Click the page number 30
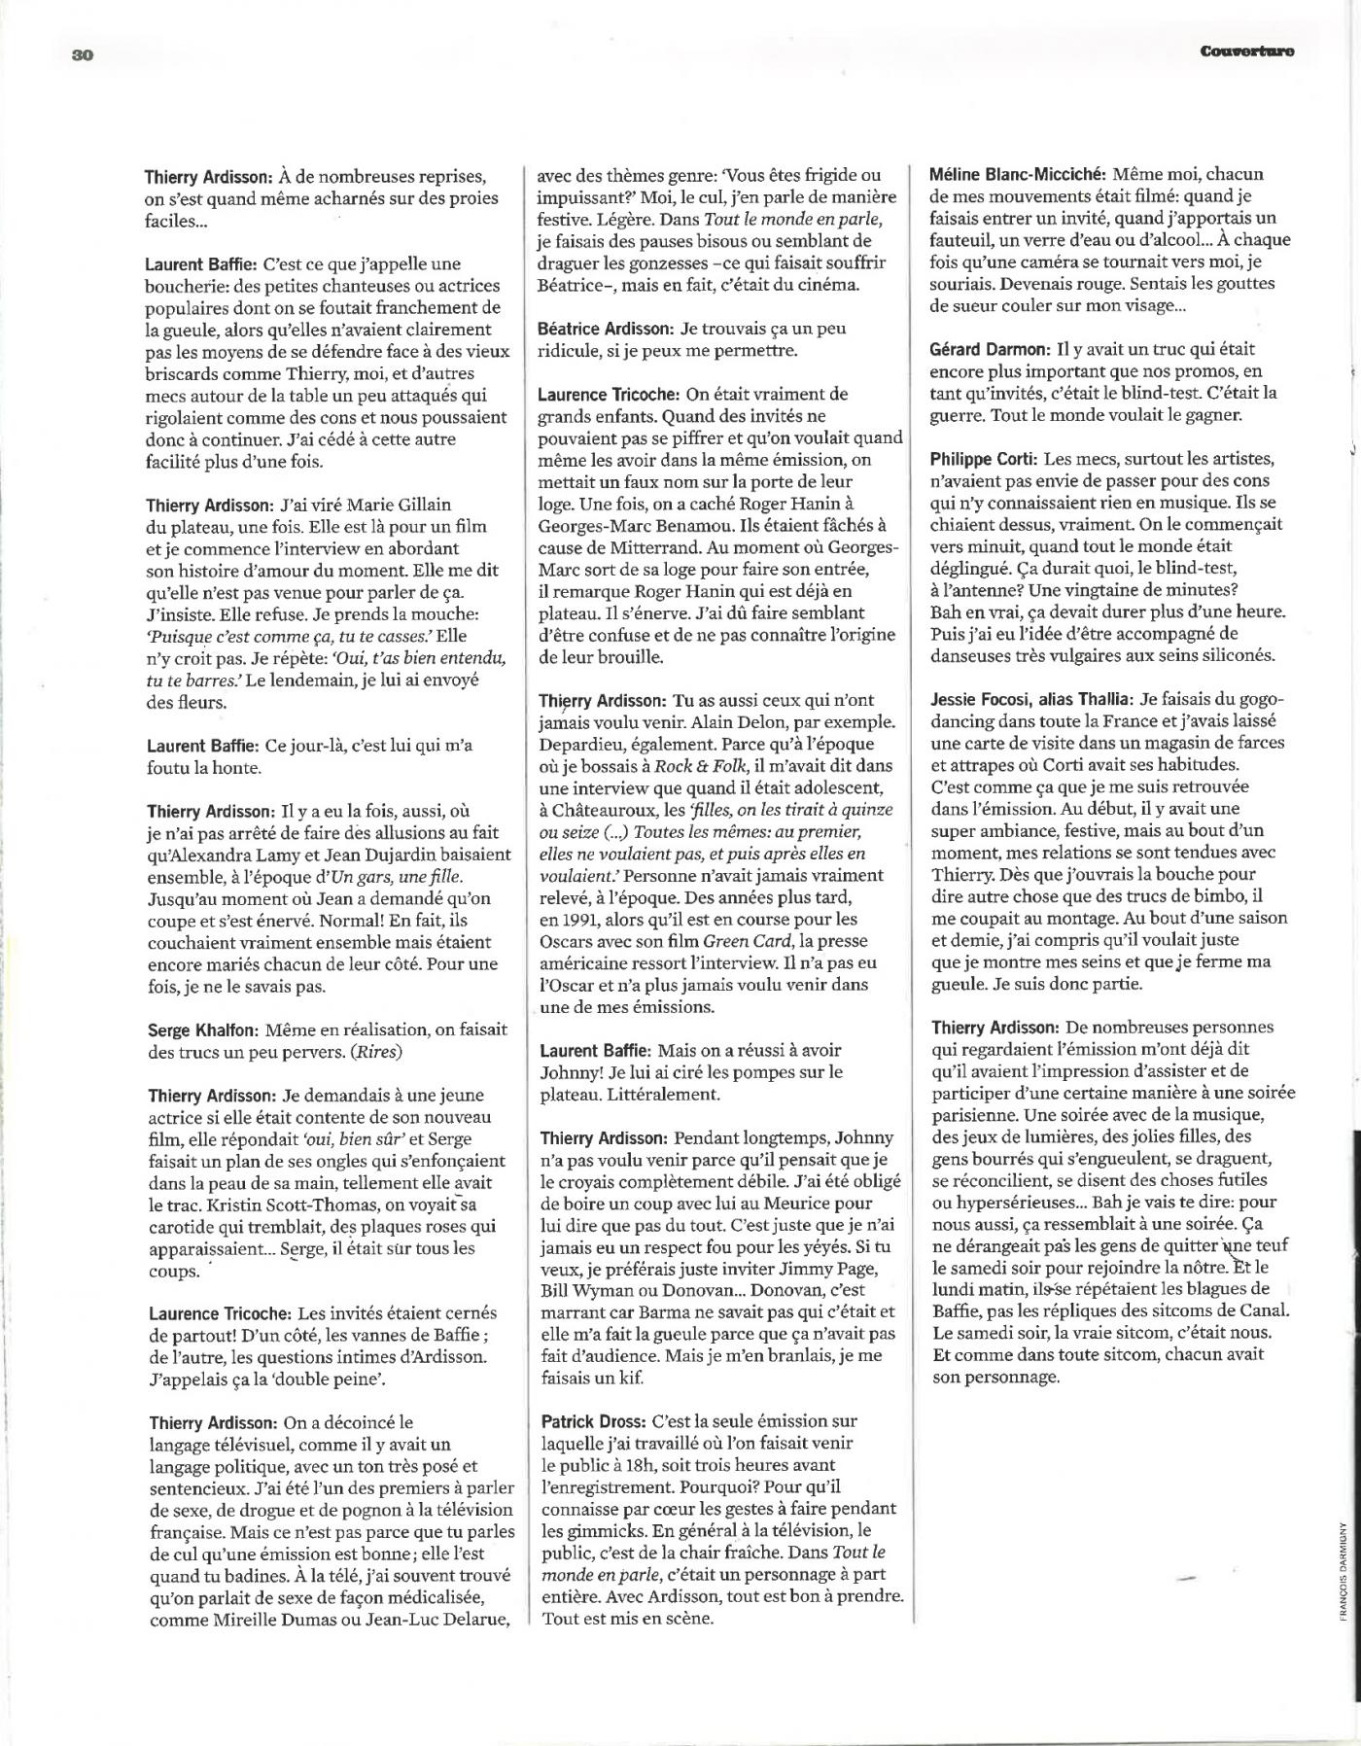pos(82,54)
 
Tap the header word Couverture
pos(1246,52)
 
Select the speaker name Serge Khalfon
pos(200,1030)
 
